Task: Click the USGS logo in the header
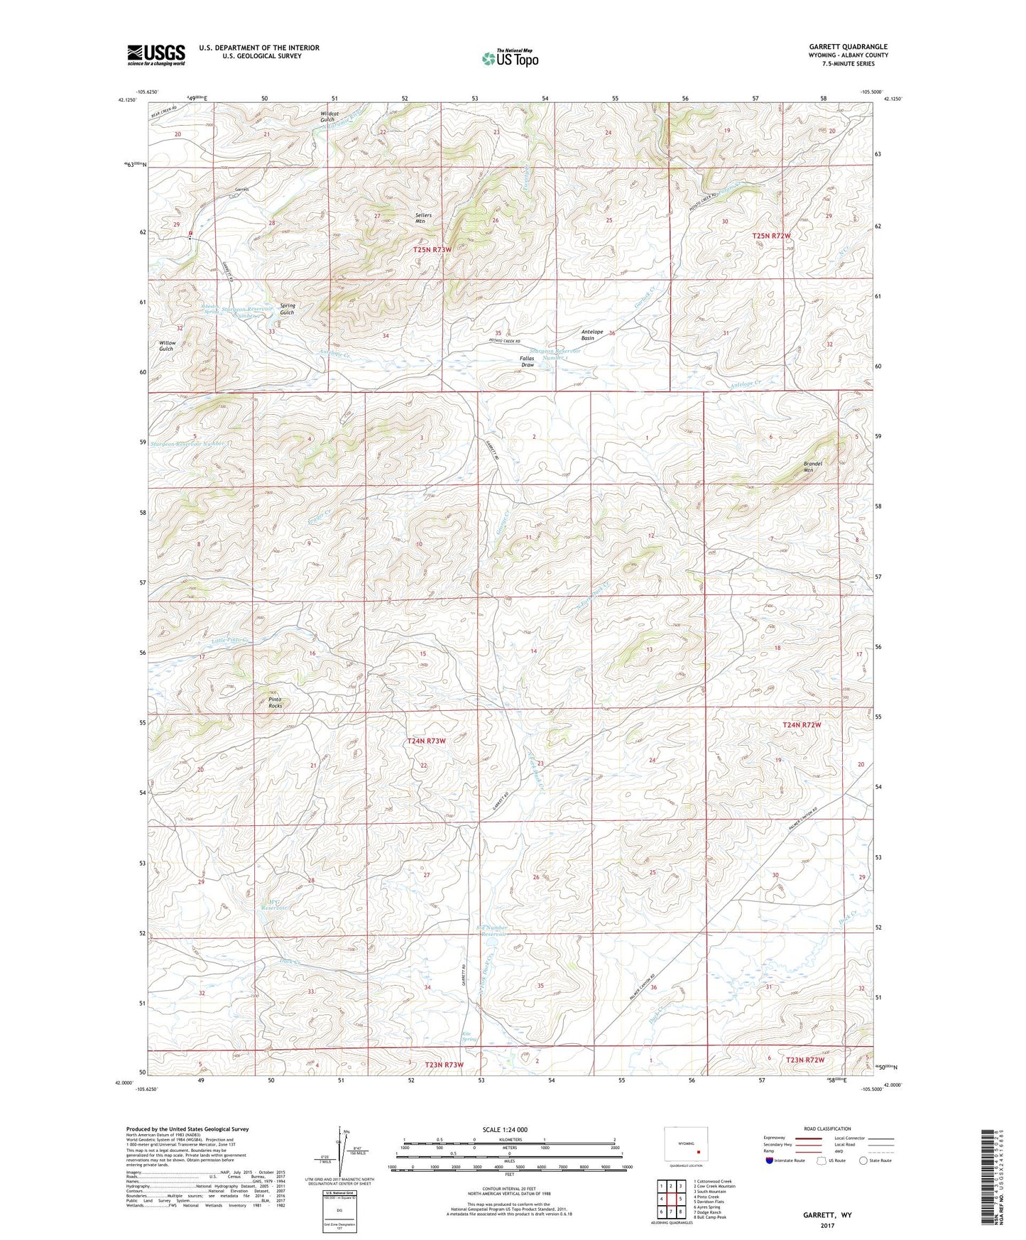[156, 55]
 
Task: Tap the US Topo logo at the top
[510, 58]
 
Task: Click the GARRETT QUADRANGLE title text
[848, 47]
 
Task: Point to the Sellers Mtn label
[423, 218]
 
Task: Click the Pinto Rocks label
[275, 702]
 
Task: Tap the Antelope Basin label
[592, 335]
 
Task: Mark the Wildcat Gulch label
[327, 116]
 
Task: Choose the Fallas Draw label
[527, 361]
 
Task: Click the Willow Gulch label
[166, 346]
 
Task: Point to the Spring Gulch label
[287, 309]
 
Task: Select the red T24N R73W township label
[427, 741]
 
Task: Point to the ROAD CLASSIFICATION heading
[827, 1128]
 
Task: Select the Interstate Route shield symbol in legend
[770, 1160]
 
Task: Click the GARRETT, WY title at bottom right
[827, 1215]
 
